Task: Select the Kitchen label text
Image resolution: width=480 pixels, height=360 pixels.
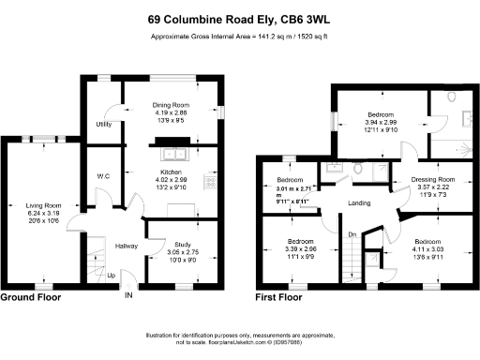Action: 171,172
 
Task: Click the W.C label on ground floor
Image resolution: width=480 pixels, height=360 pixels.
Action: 103,176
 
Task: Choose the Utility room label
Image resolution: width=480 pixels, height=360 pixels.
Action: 103,124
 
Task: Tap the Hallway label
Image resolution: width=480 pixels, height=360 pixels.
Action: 126,246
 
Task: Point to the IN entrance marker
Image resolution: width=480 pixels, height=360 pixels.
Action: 128,295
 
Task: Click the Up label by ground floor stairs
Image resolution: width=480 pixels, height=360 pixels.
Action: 112,276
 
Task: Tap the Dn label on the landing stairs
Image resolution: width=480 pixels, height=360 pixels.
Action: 352,233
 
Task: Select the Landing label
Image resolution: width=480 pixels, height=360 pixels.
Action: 358,203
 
